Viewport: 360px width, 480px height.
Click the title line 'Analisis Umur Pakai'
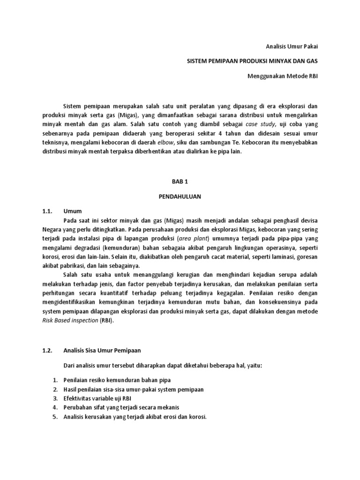(x=292, y=46)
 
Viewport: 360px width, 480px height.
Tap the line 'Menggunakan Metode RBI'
(x=283, y=76)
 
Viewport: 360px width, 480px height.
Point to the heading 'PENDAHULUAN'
(x=180, y=196)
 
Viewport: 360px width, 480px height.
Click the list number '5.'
(x=55, y=417)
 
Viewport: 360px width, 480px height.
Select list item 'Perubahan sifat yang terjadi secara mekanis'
(x=121, y=407)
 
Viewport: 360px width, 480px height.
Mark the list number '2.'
(x=55, y=389)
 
